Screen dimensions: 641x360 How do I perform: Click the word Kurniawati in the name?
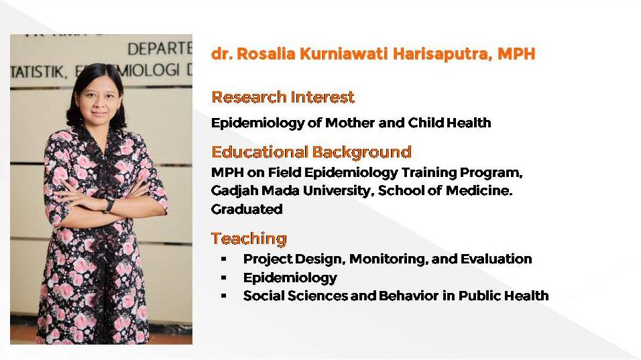pos(343,54)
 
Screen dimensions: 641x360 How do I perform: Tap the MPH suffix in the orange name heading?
pos(516,54)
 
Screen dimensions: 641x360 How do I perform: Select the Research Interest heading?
pos(283,97)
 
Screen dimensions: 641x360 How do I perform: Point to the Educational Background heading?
pos(312,152)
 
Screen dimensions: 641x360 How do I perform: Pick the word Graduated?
pos(247,209)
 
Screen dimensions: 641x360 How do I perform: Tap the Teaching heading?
pos(249,239)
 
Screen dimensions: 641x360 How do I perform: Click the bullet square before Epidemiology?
pos(224,278)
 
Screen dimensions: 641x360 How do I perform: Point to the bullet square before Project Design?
pos(224,259)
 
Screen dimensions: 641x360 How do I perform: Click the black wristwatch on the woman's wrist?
pos(109,205)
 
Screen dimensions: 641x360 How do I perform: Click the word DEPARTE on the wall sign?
pos(160,49)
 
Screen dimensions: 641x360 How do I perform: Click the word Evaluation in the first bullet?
pos(496,259)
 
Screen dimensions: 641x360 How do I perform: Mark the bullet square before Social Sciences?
pos(224,296)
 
